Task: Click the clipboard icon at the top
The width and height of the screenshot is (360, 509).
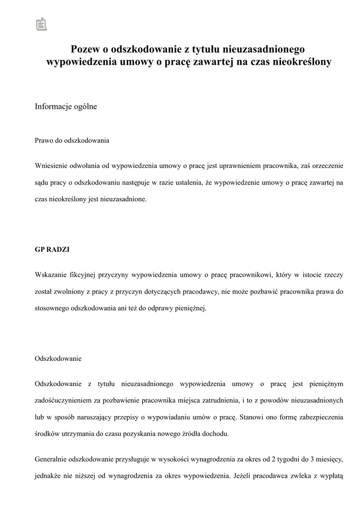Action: [x=42, y=23]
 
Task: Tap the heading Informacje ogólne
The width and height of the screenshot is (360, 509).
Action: [x=66, y=107]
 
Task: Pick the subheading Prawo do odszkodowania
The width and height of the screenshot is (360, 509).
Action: [x=72, y=141]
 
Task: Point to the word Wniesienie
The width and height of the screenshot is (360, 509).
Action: [x=51, y=166]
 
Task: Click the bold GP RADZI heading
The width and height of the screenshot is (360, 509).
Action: [x=52, y=250]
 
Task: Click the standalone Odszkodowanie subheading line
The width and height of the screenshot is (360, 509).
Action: [x=58, y=358]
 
